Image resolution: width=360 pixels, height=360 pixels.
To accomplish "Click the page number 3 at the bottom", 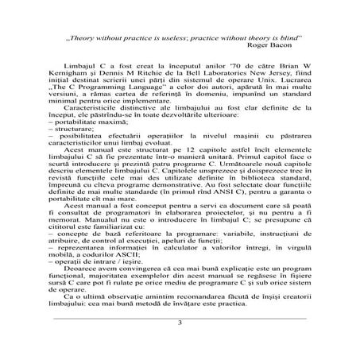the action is click(180, 323).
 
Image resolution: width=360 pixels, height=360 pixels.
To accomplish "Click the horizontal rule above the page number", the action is click(180, 315).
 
